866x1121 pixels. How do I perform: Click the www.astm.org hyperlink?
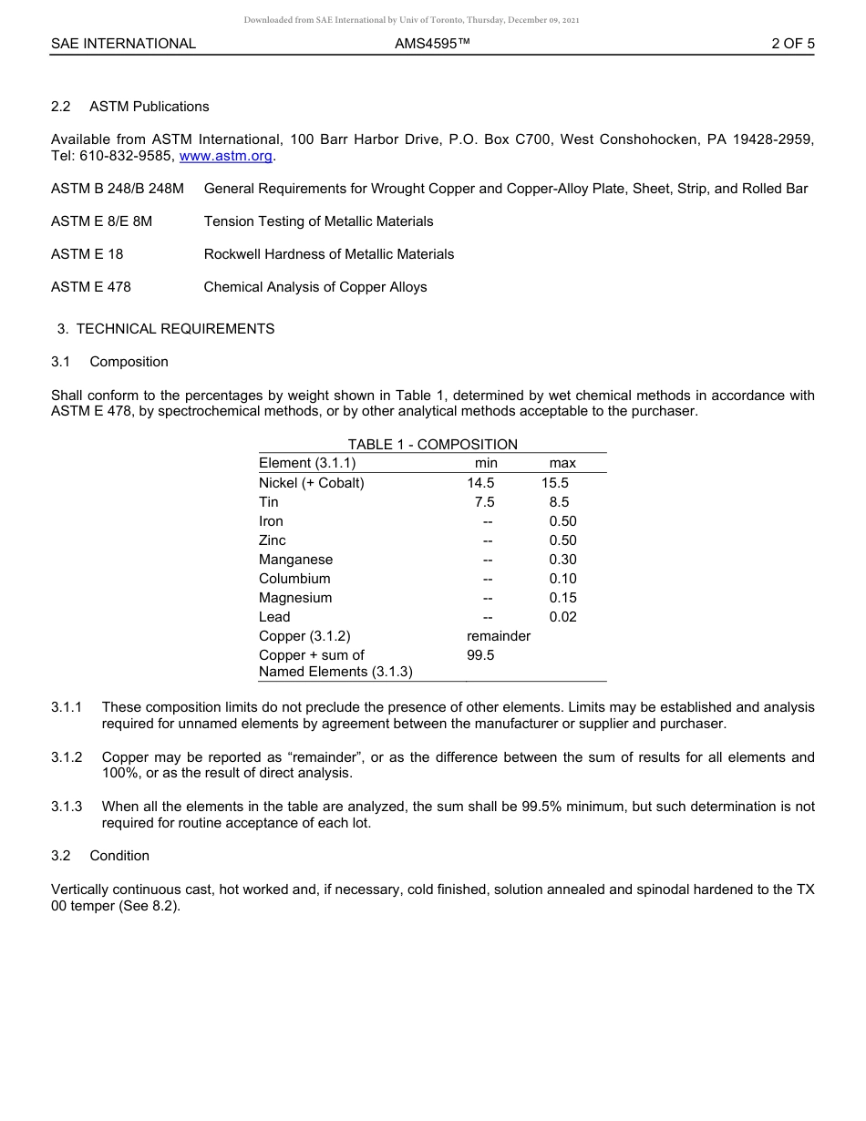[x=226, y=156]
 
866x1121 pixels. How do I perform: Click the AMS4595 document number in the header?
[x=432, y=44]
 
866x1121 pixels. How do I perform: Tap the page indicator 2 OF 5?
[x=792, y=44]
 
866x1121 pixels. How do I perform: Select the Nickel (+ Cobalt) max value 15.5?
[x=555, y=483]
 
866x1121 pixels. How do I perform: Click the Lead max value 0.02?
[x=562, y=617]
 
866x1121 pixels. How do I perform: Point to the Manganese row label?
[x=295, y=560]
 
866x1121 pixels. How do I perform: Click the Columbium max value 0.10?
[x=562, y=579]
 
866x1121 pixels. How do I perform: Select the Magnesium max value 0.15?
[x=562, y=598]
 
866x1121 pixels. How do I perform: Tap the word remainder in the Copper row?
[x=499, y=636]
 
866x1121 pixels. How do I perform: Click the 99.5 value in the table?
[x=481, y=655]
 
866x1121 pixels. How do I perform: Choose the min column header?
[x=486, y=463]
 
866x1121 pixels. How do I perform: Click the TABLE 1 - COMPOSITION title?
[x=432, y=445]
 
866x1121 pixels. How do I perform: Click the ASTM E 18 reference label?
[x=87, y=254]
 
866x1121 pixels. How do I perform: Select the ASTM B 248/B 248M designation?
[x=118, y=189]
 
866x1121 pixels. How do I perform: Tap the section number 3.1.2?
[x=67, y=757]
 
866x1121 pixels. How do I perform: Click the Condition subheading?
[x=119, y=856]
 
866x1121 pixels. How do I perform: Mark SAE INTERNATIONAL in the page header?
[x=123, y=44]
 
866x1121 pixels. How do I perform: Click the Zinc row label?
[x=272, y=540]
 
